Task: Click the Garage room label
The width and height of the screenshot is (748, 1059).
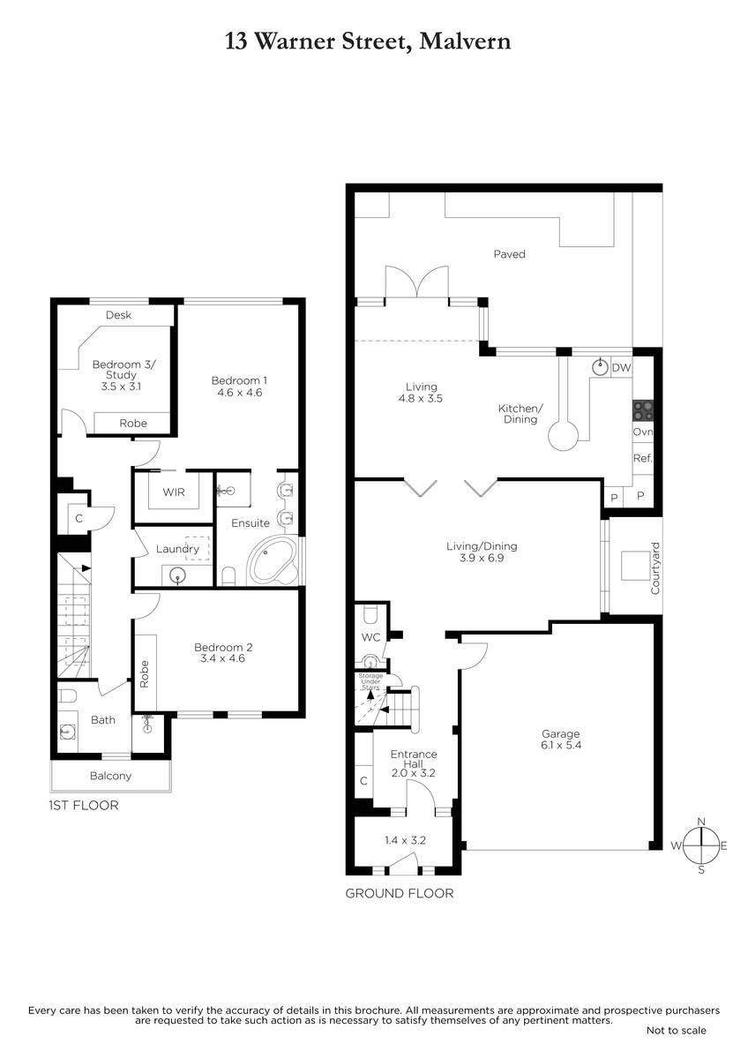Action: tap(560, 733)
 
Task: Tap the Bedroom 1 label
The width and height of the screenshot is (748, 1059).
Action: tap(239, 380)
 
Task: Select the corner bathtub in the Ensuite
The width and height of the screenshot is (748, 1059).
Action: tap(273, 560)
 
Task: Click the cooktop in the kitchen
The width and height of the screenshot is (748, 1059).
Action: tap(643, 411)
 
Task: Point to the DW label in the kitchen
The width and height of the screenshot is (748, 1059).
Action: tap(621, 368)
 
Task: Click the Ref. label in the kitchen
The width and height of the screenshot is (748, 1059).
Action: tap(643, 458)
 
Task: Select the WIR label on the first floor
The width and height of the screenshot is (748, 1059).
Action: tap(174, 492)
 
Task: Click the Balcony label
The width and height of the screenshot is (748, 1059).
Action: tap(110, 776)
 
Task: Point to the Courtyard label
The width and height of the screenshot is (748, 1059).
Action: tap(654, 568)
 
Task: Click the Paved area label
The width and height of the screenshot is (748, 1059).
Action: tap(509, 254)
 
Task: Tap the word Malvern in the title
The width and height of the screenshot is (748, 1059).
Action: tap(465, 41)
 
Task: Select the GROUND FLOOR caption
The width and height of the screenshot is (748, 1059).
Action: tap(400, 893)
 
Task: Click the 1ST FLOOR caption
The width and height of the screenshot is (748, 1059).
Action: tap(84, 806)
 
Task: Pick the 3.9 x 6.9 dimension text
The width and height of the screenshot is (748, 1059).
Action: tap(482, 558)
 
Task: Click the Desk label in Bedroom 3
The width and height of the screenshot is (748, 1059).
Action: tap(118, 315)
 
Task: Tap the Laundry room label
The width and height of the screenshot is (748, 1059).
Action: tap(177, 549)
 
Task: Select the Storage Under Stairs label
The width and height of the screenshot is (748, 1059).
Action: tap(370, 681)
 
